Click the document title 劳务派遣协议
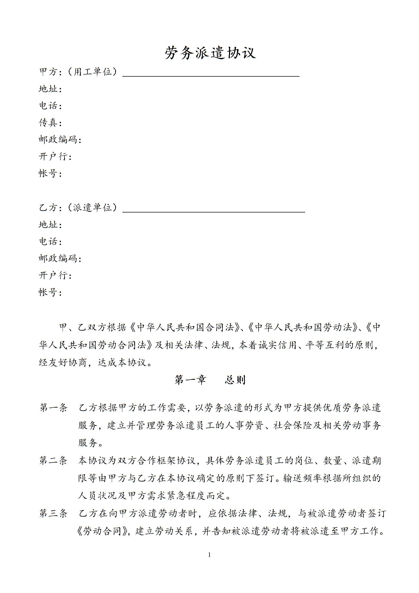coord(210,53)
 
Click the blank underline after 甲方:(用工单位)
coord(211,75)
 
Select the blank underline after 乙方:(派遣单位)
coord(213,211)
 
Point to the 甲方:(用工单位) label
coord(78,72)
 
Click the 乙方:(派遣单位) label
coord(78,207)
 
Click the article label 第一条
coord(53,407)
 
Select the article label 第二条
coord(53,461)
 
